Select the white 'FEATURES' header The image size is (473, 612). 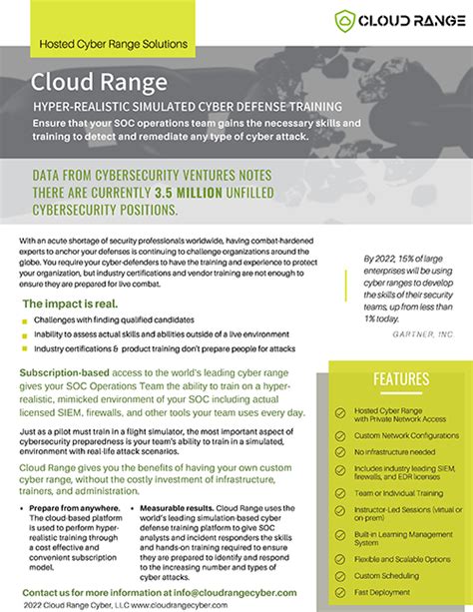[401, 379]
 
